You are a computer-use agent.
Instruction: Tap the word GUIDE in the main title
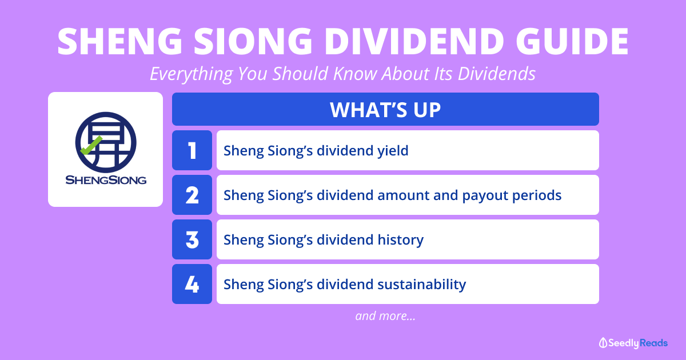572,41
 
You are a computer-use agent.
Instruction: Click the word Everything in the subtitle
192,74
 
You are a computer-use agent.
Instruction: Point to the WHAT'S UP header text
385,110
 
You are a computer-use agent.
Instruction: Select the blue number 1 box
192,150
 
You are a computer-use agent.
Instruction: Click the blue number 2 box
192,195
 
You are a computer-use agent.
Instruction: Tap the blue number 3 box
192,239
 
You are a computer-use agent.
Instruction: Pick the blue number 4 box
192,284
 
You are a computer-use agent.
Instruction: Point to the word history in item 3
401,240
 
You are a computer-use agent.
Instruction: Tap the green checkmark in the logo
91,146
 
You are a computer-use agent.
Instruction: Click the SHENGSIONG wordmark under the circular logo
106,179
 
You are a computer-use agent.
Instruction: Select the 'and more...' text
385,316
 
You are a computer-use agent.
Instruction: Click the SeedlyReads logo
633,343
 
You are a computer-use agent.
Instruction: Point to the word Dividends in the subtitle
497,74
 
